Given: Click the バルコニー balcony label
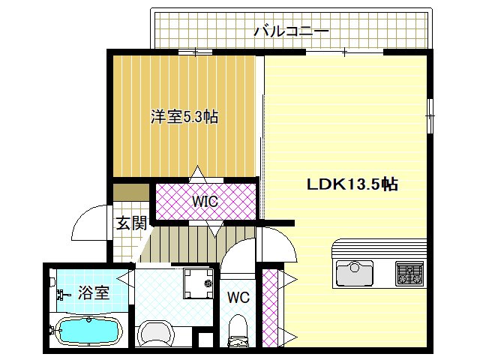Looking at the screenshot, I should [x=291, y=31].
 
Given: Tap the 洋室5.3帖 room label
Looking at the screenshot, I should [x=184, y=117].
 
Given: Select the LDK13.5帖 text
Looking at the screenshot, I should [x=351, y=184].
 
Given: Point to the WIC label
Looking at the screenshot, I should [x=204, y=202].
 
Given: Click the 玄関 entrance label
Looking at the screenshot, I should [x=131, y=223].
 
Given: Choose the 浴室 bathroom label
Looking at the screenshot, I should [x=93, y=292].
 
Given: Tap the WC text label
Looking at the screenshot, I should [x=238, y=297].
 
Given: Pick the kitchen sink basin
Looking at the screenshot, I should [x=355, y=272].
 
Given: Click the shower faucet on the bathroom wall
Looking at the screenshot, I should [x=56, y=295].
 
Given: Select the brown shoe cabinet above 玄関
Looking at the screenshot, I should [x=131, y=193].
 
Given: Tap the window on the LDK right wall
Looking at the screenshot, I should [x=430, y=115].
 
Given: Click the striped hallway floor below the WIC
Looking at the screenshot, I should [x=180, y=242].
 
